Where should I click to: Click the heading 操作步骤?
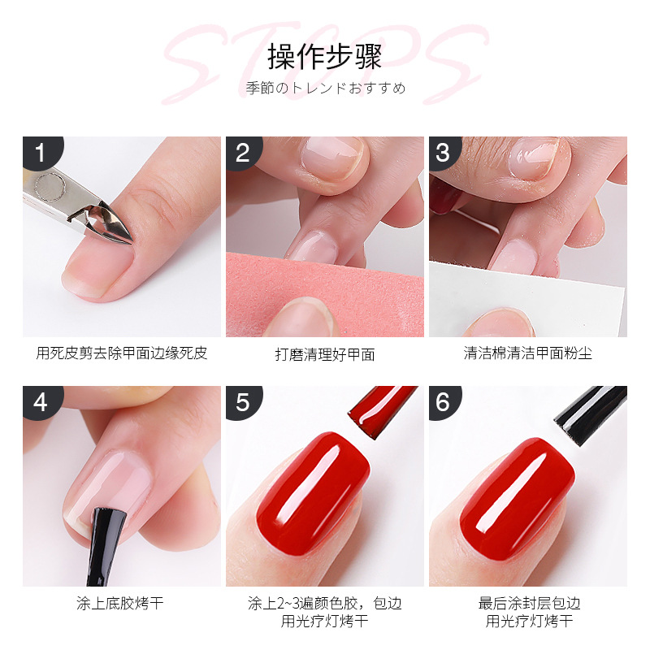coord(324,57)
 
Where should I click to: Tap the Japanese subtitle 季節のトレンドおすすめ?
coord(326,89)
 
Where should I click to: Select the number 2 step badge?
coord(244,153)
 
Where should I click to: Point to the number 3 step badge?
coord(444,153)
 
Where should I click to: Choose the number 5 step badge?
coord(244,402)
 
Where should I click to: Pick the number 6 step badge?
coord(444,402)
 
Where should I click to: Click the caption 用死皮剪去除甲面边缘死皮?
coord(121,353)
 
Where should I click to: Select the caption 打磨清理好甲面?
coord(325,355)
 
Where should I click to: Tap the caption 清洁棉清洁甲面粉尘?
coord(527,353)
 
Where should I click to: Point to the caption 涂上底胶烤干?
coord(120,604)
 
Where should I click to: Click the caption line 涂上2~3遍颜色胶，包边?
coord(325,604)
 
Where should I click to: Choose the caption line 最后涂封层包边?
coord(530,604)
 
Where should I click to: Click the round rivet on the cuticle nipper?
coord(50,187)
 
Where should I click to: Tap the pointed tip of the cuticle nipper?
coord(132,242)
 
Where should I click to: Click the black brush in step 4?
coord(104,546)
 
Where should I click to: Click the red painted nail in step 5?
coord(313,493)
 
